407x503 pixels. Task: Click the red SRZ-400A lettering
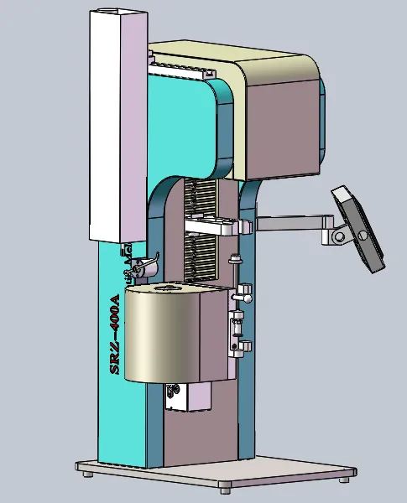pos(115,334)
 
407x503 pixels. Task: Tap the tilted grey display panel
pos(358,229)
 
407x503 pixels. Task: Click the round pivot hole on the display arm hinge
pos(339,237)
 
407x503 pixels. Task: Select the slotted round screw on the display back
pos(363,235)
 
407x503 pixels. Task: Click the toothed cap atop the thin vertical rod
pos(235,258)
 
